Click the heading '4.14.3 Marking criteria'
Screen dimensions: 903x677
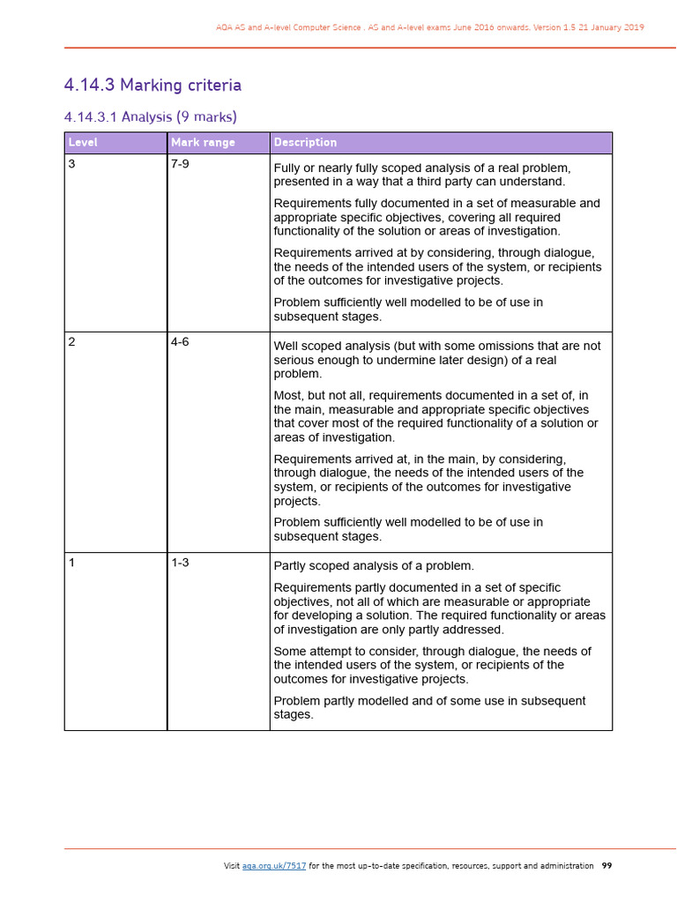153,86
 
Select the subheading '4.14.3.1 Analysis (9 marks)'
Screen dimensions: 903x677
151,116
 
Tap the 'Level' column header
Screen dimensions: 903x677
84,143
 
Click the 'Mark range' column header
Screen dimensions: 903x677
203,143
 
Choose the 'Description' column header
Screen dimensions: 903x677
305,143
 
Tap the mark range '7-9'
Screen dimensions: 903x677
180,165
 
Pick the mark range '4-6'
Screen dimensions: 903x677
180,342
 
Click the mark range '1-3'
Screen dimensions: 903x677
180,563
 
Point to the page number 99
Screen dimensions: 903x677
606,866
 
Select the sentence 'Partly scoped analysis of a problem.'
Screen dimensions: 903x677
374,566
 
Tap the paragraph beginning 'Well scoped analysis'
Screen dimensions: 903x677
436,360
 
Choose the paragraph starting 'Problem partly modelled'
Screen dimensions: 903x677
429,707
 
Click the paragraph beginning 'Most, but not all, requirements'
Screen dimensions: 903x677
435,416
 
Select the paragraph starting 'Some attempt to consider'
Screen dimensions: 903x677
432,665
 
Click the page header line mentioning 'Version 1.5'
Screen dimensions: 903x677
429,27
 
